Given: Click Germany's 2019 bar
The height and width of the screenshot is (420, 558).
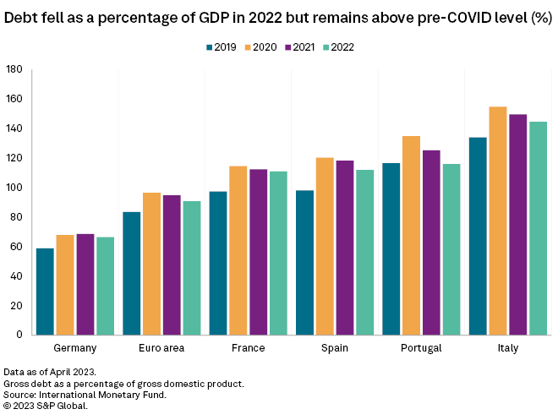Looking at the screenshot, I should click(45, 292).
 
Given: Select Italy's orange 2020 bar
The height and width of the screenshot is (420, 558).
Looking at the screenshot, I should click(498, 221).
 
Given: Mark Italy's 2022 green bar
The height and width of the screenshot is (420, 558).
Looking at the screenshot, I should click(538, 228).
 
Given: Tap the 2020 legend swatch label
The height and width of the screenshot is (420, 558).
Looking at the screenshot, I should click(262, 47).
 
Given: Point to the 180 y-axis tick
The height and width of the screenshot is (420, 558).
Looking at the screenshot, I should click(14, 69).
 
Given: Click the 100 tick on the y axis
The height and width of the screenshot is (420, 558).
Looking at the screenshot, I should click(14, 188).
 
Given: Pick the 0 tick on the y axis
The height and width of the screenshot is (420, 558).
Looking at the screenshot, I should click(19, 335).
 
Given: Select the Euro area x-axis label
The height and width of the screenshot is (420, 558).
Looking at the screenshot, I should click(161, 348).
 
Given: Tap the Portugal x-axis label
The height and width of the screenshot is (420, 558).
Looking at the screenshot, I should click(421, 348).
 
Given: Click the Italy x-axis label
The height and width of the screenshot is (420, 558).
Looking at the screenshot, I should click(508, 348).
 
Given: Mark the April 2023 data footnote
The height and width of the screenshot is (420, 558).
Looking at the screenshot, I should click(49, 372).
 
